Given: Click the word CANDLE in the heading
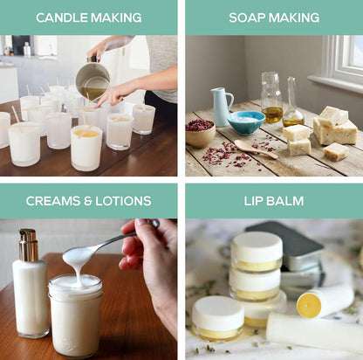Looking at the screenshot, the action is [x=62, y=17].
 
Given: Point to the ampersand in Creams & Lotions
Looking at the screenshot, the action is [x=87, y=201].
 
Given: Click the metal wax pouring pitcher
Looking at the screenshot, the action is [x=92, y=78].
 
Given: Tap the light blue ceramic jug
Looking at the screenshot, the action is [x=221, y=107].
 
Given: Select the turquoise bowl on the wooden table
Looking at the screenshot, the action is [x=246, y=122].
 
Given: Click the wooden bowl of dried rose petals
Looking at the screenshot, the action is [x=200, y=134].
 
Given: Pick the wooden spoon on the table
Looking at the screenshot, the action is [x=256, y=149].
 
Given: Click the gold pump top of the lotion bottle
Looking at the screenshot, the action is [x=28, y=245].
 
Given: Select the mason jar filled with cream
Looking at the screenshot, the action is [x=75, y=315].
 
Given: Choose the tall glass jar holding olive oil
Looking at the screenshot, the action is [x=271, y=98].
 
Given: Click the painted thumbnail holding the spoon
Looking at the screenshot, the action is [x=155, y=224].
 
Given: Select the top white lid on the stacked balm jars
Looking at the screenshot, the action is [x=257, y=247].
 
